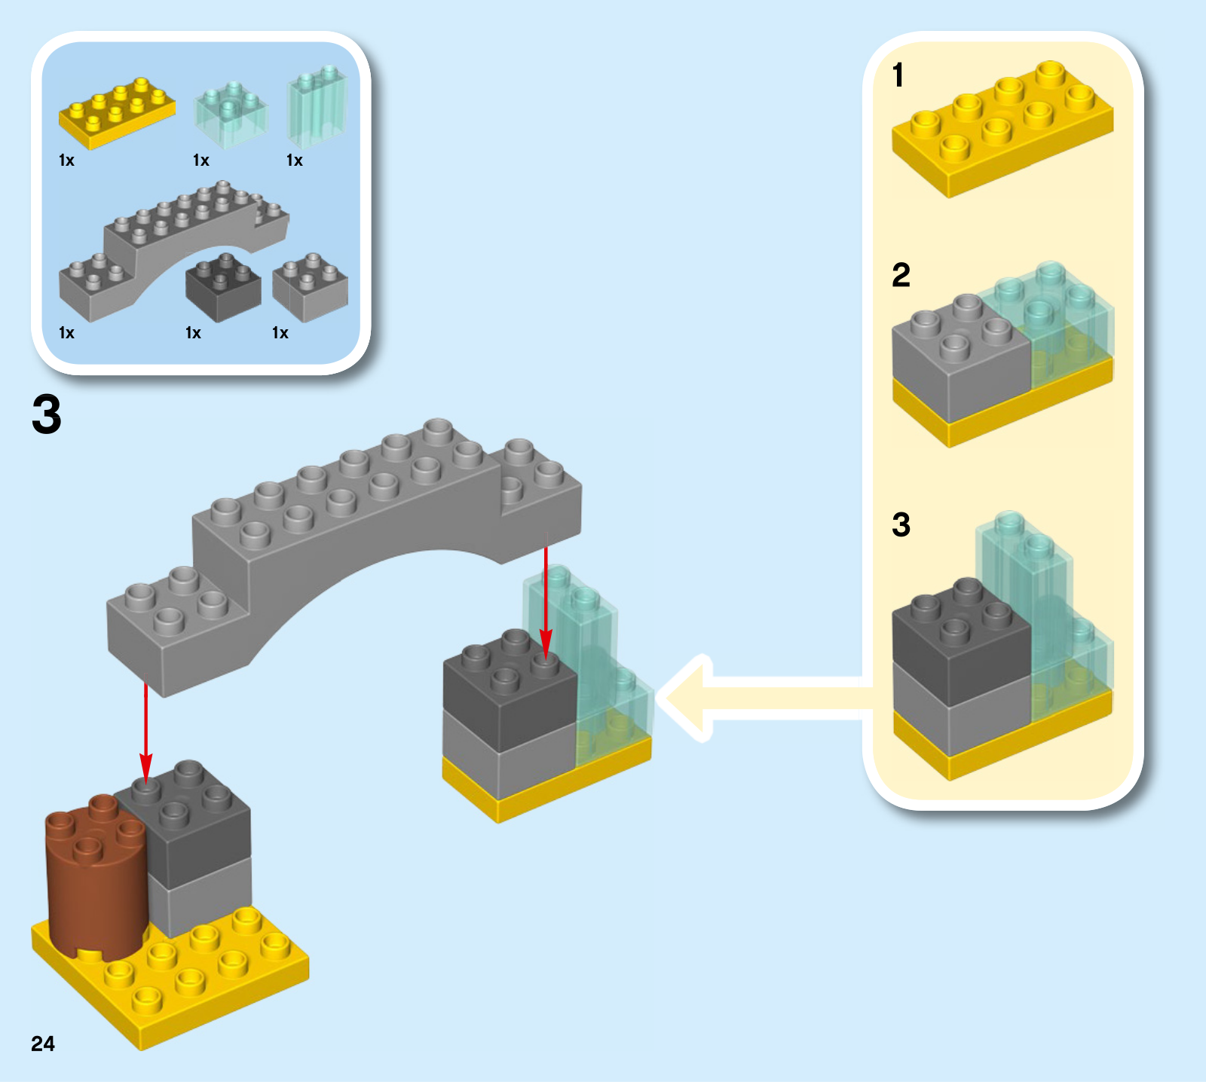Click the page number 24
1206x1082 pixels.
[x=43, y=1043]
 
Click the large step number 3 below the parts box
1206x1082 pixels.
[x=47, y=414]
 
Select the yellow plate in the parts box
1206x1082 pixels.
[x=117, y=113]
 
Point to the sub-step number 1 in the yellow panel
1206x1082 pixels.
[x=898, y=75]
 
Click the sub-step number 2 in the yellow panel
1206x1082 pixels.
[x=901, y=275]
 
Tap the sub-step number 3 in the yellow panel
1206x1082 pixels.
[x=901, y=524]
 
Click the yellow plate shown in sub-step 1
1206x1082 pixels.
[x=1002, y=132]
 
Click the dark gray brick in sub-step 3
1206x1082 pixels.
[x=959, y=640]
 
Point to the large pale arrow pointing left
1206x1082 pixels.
[x=754, y=698]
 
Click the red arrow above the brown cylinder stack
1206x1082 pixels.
[x=146, y=731]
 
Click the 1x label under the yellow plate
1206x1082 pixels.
[x=66, y=160]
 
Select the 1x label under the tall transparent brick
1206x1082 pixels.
[x=295, y=160]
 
